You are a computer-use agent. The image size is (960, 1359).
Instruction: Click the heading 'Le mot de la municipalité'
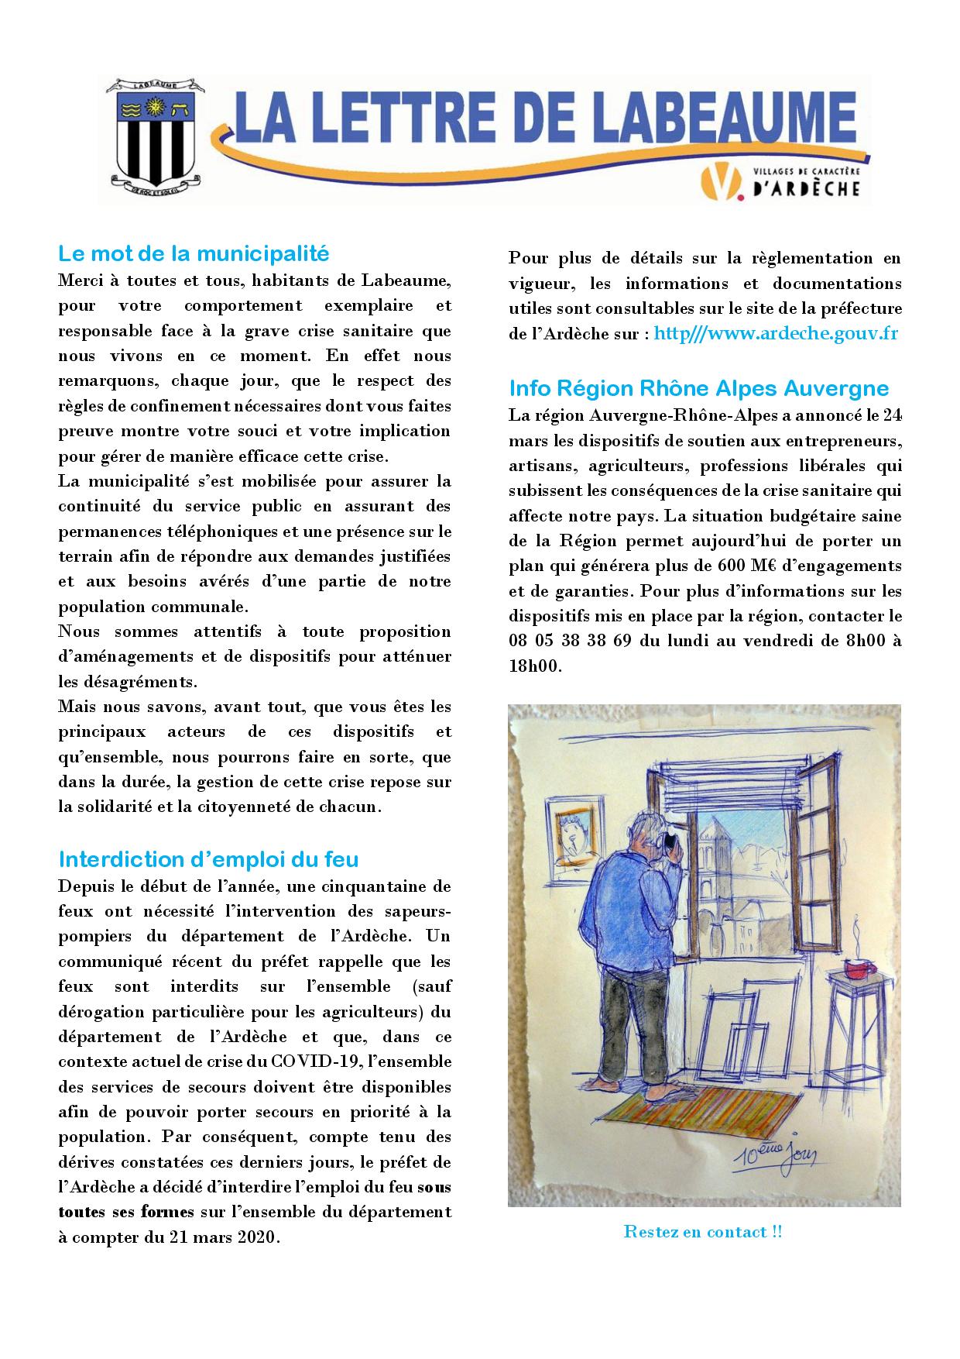click(194, 253)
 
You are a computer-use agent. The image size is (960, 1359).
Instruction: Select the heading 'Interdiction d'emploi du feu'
click(208, 858)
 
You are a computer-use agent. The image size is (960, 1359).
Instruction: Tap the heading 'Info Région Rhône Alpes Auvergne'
click(698, 387)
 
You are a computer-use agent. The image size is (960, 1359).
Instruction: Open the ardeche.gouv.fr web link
click(776, 334)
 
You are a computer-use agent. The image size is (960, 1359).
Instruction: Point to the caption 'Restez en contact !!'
click(703, 1232)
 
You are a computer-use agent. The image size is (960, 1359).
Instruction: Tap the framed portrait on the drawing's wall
click(574, 838)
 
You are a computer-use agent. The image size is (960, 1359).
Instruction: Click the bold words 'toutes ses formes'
click(114, 1212)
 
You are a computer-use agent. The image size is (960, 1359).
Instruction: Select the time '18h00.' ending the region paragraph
click(534, 666)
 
